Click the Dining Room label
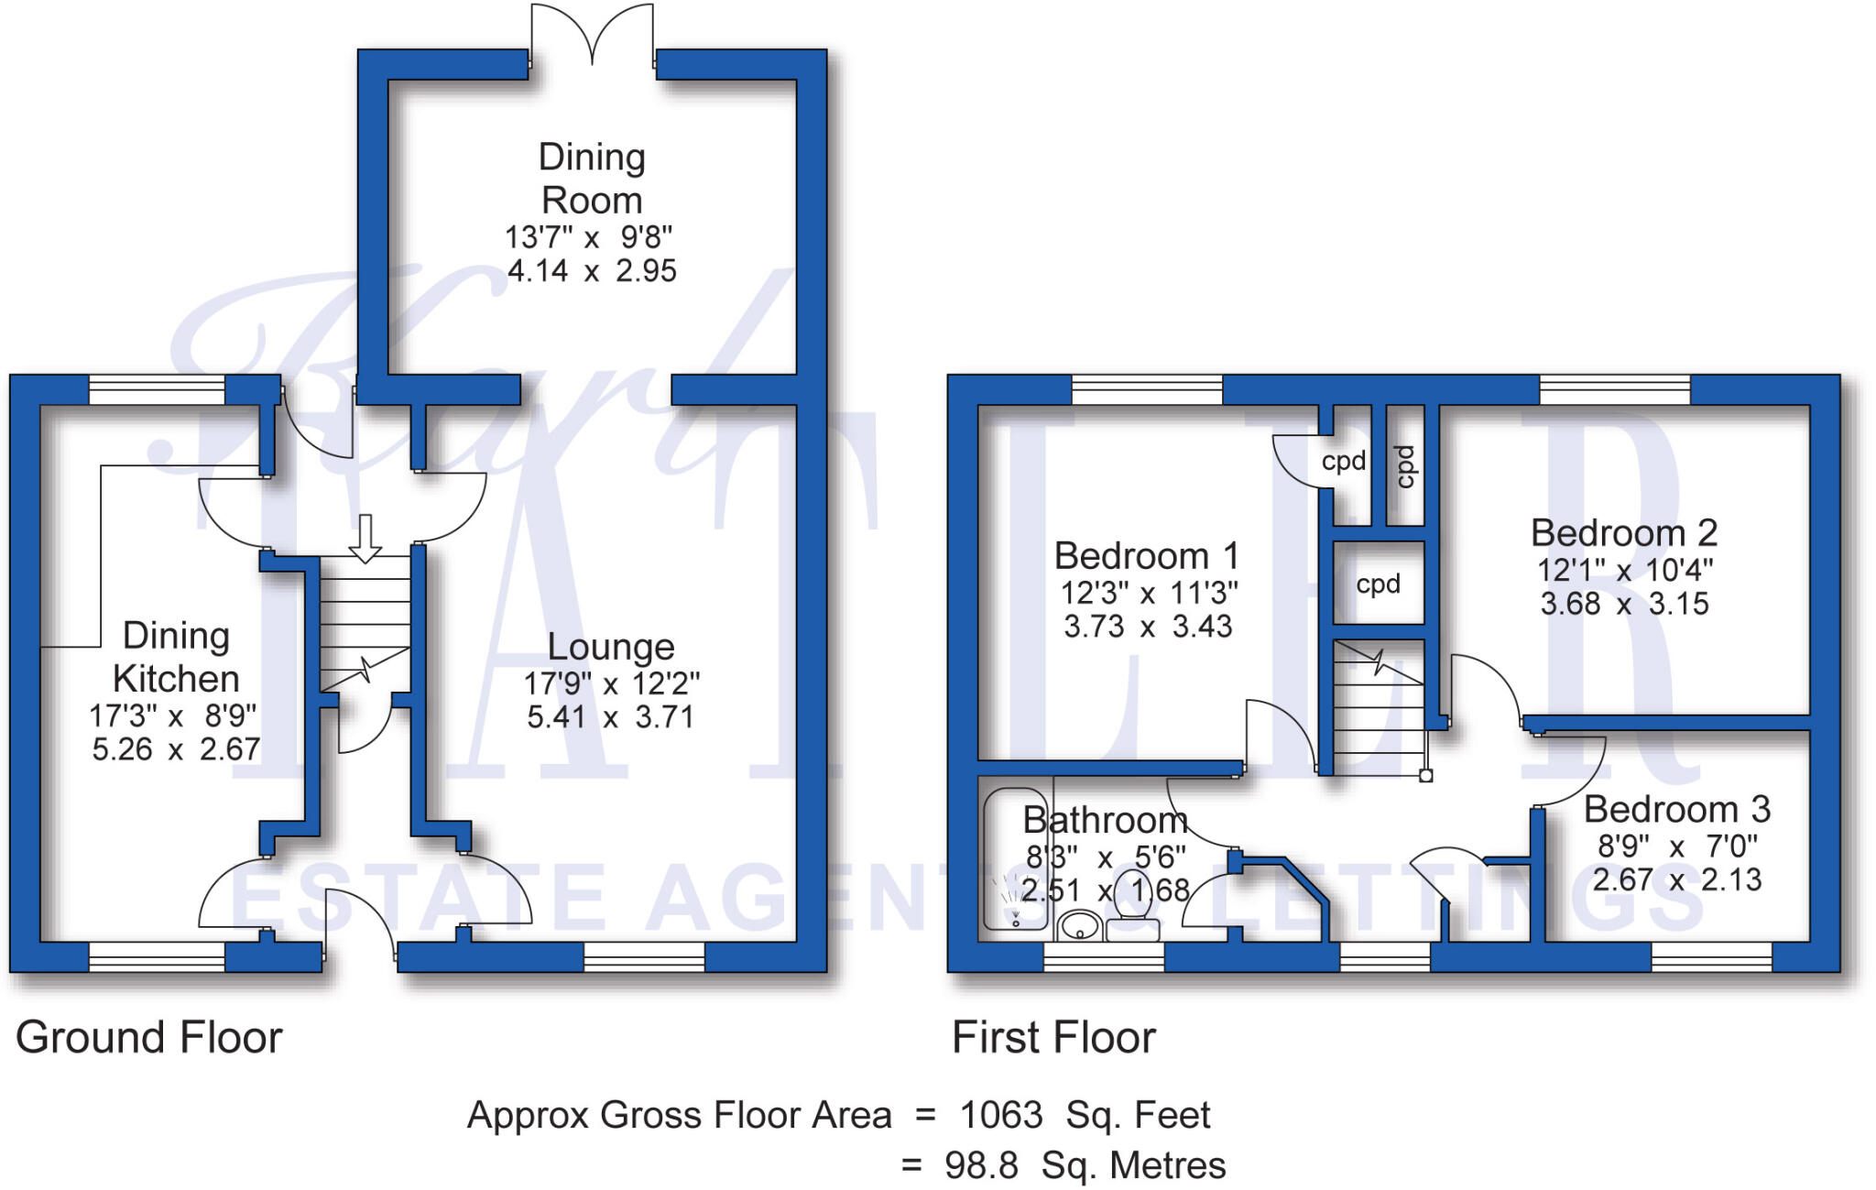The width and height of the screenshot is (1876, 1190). (592, 179)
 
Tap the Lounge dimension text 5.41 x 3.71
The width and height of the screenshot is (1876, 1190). (610, 716)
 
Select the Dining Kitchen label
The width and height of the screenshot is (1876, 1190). (176, 657)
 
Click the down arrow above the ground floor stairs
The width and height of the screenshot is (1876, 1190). (365, 539)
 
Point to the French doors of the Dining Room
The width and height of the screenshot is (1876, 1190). (593, 37)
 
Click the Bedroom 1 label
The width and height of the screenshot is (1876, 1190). (1146, 556)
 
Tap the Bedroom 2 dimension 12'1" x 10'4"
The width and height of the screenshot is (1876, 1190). (1624, 570)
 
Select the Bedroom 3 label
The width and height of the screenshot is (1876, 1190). (1676, 810)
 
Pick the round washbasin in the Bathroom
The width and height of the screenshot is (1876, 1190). (1080, 927)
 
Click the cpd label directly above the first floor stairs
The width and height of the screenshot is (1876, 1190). (1378, 584)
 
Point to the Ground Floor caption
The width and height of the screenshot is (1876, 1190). (149, 1038)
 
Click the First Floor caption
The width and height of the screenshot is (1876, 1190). (1053, 1038)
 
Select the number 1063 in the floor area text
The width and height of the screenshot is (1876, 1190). (1000, 1116)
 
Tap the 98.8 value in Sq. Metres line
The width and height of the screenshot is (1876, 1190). (981, 1165)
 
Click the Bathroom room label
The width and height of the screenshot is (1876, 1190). (1106, 820)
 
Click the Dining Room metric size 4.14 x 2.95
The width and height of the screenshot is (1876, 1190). (592, 271)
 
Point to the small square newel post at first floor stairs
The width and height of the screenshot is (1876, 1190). (1426, 776)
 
